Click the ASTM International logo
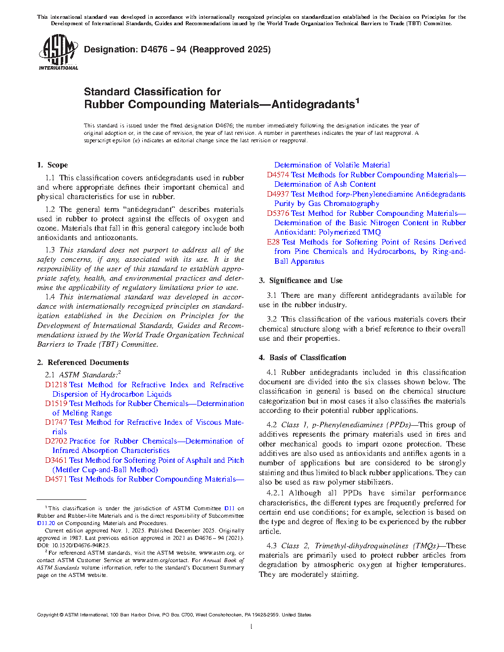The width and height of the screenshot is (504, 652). (58, 52)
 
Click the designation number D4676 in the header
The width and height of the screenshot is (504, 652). (154, 49)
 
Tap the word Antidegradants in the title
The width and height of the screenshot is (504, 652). (313, 105)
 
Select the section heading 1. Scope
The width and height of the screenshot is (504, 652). (52, 165)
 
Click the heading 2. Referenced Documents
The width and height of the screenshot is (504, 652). (83, 363)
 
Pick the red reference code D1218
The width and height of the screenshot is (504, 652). (56, 385)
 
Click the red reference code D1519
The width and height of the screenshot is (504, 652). (56, 404)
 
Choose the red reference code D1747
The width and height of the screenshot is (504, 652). (56, 422)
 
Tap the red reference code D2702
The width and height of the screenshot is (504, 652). (56, 441)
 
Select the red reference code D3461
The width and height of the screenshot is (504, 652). (56, 460)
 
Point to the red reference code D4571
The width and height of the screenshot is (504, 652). (56, 479)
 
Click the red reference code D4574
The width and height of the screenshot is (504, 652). (278, 175)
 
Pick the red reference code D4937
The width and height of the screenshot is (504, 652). (278, 194)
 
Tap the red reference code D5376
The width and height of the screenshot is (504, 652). (278, 213)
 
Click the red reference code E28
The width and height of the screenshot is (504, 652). (273, 242)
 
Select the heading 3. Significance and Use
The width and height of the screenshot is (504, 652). (301, 281)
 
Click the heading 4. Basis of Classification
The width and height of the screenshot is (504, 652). (303, 358)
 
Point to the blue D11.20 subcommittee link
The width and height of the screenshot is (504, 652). (46, 523)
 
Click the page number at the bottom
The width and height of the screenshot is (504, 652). (252, 627)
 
